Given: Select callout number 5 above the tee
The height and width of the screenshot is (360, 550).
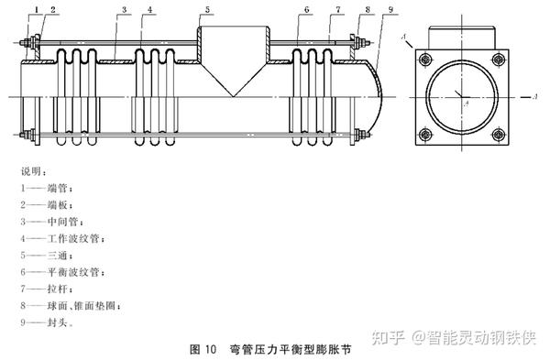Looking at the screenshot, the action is click(208, 9).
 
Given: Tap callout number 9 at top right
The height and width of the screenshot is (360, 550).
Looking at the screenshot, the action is click(391, 9).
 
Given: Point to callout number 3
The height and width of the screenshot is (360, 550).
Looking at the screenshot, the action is click(124, 9).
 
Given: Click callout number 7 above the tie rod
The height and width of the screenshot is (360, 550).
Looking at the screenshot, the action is click(338, 9).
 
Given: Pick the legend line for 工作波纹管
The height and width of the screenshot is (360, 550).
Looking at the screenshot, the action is click(62, 239).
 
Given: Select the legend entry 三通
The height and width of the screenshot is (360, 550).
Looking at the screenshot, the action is click(47, 256).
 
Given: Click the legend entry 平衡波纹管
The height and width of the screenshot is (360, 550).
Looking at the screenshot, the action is click(62, 272).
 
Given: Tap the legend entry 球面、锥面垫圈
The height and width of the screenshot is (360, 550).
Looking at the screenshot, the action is click(71, 306).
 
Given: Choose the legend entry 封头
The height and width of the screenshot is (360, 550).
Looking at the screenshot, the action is click(47, 322).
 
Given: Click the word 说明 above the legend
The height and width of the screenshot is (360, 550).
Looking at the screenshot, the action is click(31, 171).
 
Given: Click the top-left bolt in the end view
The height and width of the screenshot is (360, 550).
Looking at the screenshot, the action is click(426, 60).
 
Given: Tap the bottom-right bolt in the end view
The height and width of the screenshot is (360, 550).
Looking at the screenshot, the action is click(499, 135).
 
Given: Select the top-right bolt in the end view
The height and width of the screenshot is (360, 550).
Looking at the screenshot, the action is click(499, 60).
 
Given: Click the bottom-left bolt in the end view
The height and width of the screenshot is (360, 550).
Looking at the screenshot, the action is click(426, 135).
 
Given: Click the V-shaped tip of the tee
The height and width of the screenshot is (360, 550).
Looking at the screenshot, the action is click(233, 96).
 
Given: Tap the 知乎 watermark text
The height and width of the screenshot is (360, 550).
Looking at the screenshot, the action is click(389, 338).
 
